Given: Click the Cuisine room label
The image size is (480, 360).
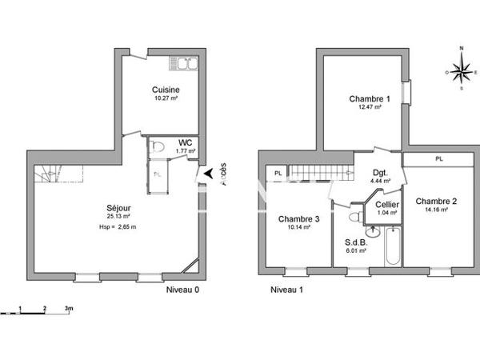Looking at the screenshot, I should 166,90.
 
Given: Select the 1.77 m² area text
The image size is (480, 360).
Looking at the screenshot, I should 186,150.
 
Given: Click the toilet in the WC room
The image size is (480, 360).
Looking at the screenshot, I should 158,146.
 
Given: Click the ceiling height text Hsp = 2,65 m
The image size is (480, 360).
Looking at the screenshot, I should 113,226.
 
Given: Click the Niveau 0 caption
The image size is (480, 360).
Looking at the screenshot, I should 182,290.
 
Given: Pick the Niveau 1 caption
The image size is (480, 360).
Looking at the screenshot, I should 286,290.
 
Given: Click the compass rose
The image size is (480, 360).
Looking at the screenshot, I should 461,71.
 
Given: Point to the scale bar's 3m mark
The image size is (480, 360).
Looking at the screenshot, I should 70,308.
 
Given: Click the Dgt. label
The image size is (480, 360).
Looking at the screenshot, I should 381,172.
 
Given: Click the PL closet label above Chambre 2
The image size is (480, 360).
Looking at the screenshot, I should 438,159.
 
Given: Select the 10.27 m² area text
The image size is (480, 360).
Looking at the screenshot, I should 165,99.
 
